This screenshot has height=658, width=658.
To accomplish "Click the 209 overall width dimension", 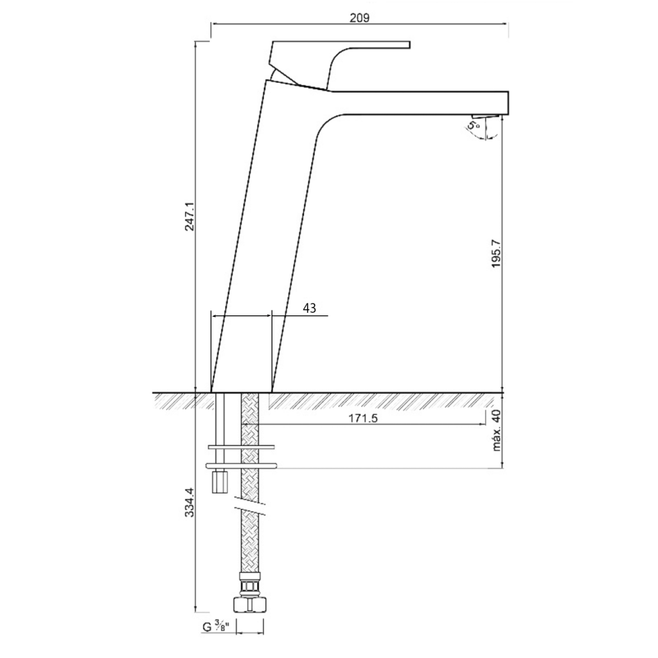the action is coord(360,17).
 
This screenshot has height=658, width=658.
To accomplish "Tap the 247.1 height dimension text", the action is coord(190,216).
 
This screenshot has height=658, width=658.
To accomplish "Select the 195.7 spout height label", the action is coord(497,253).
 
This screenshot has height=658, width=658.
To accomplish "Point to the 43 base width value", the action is coord(309,308).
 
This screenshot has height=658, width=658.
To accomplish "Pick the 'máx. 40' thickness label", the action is coord(497,431).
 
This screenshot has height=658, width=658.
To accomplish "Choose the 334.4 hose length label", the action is coord(190,502).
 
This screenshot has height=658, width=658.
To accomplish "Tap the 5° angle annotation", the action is coord(474,125).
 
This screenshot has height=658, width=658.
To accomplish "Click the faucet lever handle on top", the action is coord(335,63).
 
